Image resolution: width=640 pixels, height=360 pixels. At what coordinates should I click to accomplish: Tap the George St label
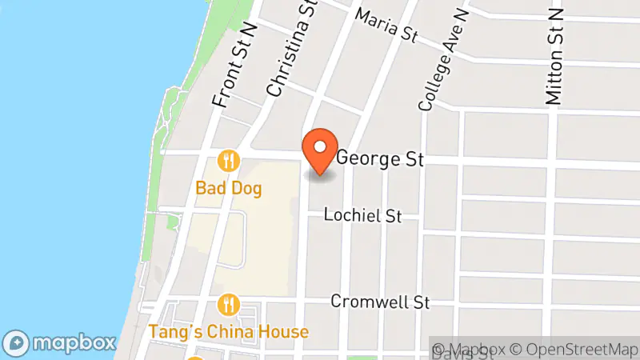[x=379, y=158]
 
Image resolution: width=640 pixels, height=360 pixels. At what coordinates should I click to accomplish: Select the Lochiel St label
[x=362, y=216]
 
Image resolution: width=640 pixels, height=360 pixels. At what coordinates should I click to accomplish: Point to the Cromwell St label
[x=381, y=302]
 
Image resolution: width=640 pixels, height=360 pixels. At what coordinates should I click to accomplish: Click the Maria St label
[x=388, y=26]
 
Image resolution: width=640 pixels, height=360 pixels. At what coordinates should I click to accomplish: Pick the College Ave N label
[x=442, y=60]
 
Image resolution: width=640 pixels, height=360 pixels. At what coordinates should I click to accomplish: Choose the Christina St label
[x=289, y=50]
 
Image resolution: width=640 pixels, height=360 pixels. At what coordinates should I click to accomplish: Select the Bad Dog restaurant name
[x=229, y=189]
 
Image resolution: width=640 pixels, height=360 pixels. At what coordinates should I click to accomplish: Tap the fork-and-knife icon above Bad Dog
[x=229, y=161]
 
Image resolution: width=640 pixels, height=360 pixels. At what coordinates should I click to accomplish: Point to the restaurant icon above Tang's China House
[x=229, y=305]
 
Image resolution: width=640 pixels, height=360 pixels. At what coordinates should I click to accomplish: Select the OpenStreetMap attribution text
[x=577, y=349]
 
